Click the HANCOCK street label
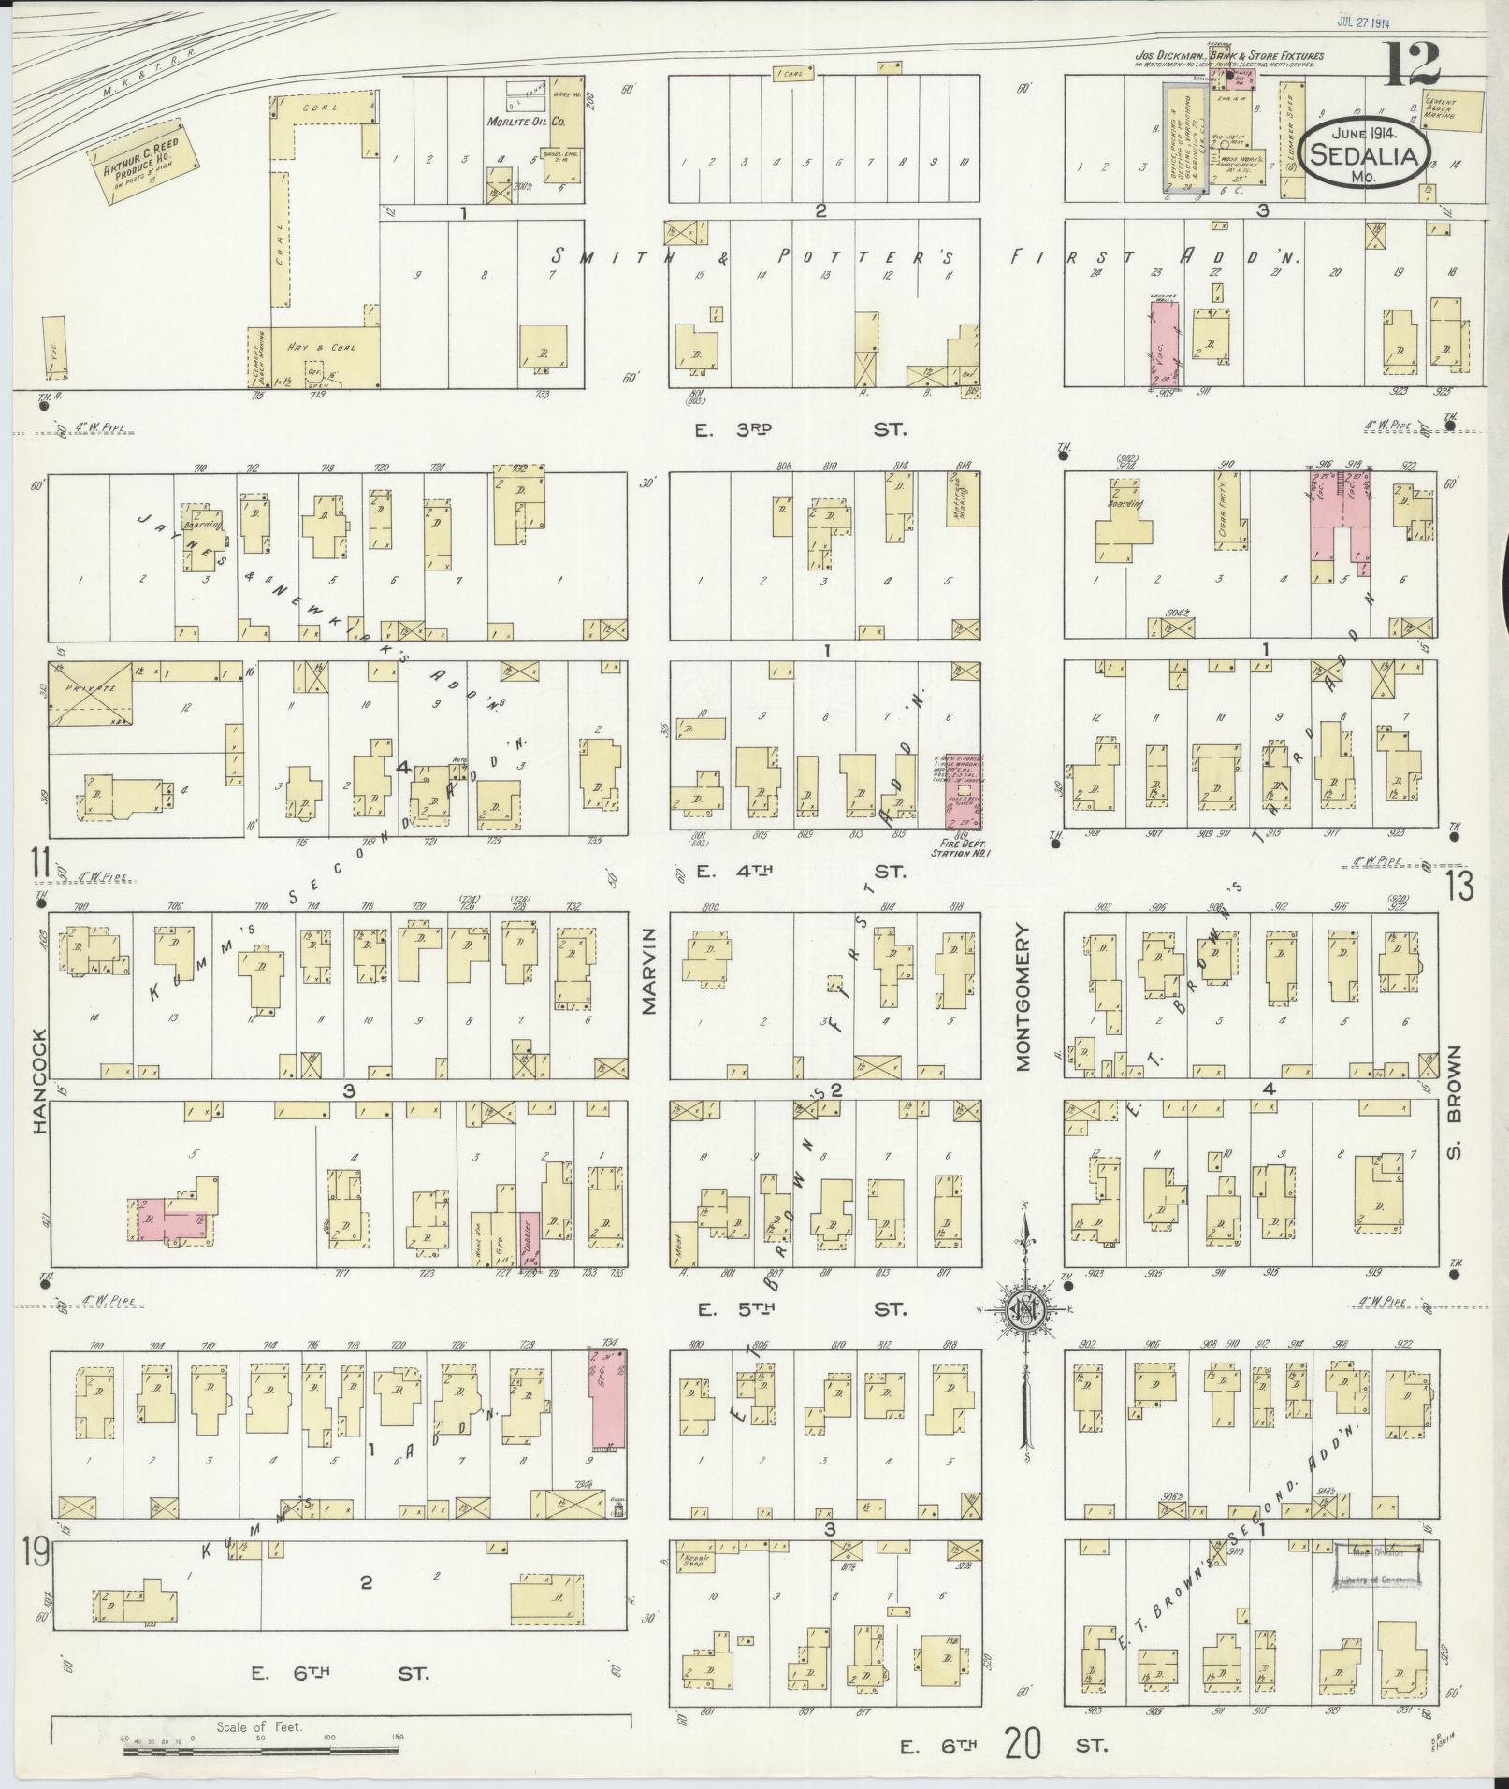[x=40, y=1082]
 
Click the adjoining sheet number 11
[x=39, y=861]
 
